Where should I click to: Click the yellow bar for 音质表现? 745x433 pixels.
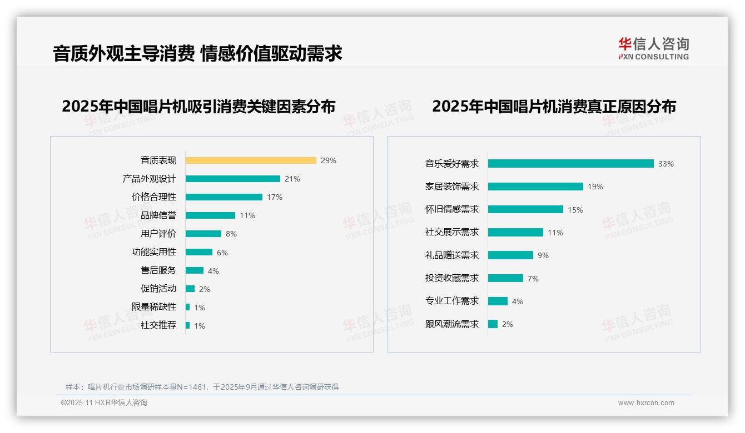[x=251, y=160]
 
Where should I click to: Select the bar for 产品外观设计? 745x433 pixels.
[x=232, y=179]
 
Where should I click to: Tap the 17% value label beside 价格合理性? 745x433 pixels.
[x=275, y=197]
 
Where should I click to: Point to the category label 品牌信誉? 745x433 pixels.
[x=158, y=215]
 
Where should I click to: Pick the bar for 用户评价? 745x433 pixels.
[x=203, y=234]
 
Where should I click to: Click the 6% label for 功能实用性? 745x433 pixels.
[x=222, y=253]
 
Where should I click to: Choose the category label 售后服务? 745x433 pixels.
[x=158, y=270]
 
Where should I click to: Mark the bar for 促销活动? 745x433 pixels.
[x=190, y=289]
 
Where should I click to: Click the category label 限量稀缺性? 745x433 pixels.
[x=153, y=307]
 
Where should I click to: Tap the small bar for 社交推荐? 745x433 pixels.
[x=187, y=325]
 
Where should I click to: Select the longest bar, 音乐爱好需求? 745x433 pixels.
[x=570, y=164]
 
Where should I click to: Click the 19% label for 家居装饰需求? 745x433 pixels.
[x=595, y=187]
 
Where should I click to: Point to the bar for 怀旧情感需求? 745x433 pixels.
[x=525, y=209]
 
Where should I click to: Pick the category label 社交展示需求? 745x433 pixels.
[x=451, y=233]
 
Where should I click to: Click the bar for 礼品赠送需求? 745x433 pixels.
[x=510, y=255]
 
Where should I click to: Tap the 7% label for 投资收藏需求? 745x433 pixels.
[x=533, y=279]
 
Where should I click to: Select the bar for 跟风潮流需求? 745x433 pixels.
[x=493, y=324]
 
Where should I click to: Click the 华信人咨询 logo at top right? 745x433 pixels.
[x=653, y=48]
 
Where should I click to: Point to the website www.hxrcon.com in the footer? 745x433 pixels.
[x=646, y=403]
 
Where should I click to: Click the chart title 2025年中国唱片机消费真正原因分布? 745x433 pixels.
[x=554, y=107]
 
